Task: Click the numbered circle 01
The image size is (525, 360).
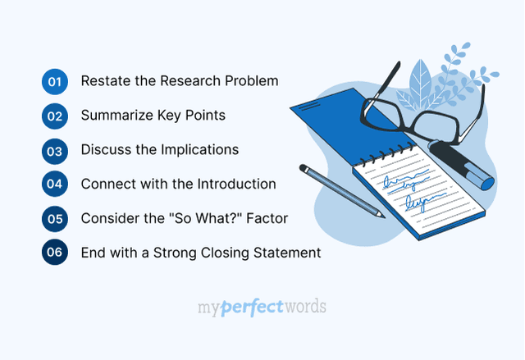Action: [x=55, y=81]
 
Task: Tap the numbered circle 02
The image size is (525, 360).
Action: [x=55, y=116]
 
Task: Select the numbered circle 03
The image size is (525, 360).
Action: [x=55, y=150]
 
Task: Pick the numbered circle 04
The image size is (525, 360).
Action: [x=55, y=184]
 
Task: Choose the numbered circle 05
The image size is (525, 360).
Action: [x=55, y=218]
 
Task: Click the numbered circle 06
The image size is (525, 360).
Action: [x=55, y=253]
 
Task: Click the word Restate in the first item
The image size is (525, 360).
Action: [x=103, y=81]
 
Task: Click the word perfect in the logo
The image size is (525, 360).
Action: [x=250, y=308]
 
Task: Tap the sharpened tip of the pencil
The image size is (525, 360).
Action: [x=381, y=215]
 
